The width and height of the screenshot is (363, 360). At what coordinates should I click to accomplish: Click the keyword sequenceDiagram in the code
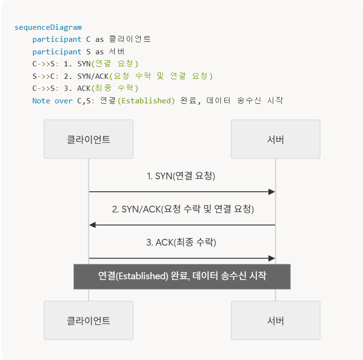click(x=48, y=27)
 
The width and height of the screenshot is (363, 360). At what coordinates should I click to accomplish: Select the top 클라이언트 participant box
click(x=88, y=139)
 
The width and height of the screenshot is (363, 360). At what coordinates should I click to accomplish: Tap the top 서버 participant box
click(x=275, y=139)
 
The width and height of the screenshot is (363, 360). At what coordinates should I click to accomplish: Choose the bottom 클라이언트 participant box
click(x=88, y=321)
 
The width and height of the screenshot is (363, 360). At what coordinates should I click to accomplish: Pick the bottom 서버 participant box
click(x=275, y=321)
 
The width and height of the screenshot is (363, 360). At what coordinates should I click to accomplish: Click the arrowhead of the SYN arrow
click(x=272, y=192)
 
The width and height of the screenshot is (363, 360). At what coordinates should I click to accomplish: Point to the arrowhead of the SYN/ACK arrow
click(x=93, y=225)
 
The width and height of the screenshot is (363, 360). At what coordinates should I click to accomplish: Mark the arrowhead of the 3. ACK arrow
click(x=272, y=258)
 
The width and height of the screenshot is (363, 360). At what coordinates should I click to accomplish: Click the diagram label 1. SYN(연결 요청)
click(x=181, y=176)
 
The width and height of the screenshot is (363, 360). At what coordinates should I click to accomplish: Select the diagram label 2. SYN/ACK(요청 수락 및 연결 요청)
click(x=183, y=209)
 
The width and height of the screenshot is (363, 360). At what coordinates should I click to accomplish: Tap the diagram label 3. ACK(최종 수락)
click(x=181, y=242)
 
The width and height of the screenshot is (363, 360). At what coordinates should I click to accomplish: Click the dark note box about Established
click(x=182, y=276)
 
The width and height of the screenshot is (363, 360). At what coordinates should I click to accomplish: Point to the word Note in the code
click(x=41, y=101)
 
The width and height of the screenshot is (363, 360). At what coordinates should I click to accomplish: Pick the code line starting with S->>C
click(x=122, y=76)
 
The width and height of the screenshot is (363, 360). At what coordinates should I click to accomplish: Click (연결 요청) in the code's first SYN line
click(x=116, y=64)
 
